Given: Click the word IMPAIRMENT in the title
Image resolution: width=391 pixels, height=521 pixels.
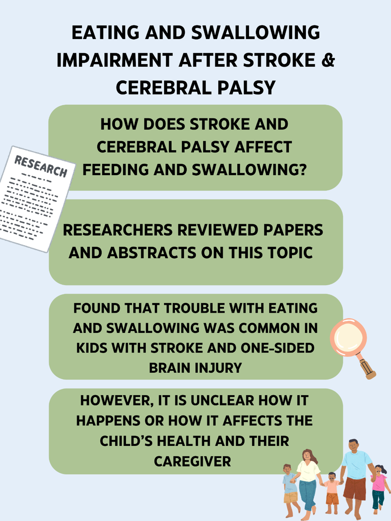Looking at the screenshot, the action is (x=115, y=60).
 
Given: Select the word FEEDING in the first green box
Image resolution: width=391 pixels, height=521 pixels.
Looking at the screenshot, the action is (x=116, y=170).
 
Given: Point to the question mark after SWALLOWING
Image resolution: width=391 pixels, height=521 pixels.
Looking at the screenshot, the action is (x=302, y=170).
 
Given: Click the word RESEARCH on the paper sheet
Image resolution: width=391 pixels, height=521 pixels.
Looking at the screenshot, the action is (x=41, y=167).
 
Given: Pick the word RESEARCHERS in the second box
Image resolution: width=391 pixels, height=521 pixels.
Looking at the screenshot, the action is (x=118, y=230).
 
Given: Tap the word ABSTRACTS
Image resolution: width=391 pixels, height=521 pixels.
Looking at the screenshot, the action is (x=152, y=253).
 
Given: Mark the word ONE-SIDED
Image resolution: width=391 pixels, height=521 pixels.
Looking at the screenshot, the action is (x=277, y=348).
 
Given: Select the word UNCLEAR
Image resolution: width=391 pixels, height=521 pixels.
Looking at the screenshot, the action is (x=222, y=401).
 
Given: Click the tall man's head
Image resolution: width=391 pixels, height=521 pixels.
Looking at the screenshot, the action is (x=353, y=447).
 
